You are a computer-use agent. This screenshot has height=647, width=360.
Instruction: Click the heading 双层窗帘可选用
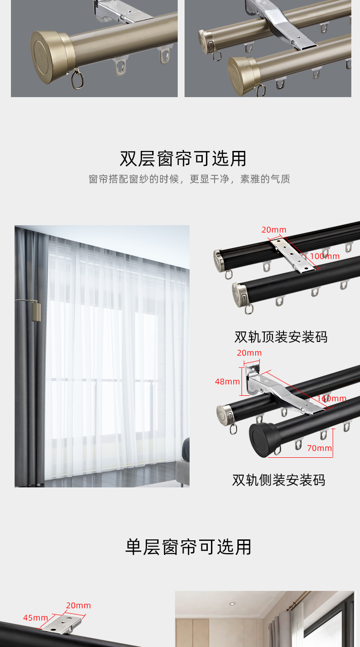click(183, 159)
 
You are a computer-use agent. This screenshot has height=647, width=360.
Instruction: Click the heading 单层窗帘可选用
click(188, 547)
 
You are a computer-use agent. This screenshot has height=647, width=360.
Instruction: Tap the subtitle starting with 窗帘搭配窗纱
click(189, 179)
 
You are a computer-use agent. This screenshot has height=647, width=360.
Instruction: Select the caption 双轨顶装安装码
click(281, 337)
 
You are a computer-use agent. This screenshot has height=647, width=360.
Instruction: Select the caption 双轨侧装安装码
click(279, 480)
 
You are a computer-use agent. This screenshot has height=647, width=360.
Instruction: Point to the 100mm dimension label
click(325, 256)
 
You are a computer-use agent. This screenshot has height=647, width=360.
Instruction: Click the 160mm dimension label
click(332, 399)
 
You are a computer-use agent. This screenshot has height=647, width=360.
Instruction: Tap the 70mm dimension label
click(319, 448)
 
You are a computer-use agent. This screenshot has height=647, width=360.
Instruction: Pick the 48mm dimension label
click(227, 382)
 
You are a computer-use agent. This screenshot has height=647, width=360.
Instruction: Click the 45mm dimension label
click(36, 617)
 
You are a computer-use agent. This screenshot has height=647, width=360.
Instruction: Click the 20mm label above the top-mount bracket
click(274, 230)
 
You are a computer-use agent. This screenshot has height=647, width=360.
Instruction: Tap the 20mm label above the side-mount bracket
click(249, 352)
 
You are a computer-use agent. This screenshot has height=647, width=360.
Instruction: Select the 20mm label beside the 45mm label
click(78, 605)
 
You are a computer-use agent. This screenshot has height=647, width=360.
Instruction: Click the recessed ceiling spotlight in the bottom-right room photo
click(232, 604)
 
